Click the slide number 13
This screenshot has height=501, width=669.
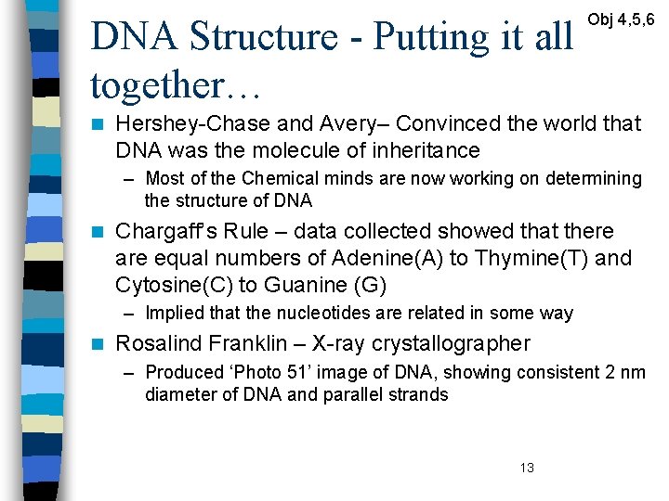527,469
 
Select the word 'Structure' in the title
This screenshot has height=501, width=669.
265,37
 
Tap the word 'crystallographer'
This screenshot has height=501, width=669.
451,343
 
